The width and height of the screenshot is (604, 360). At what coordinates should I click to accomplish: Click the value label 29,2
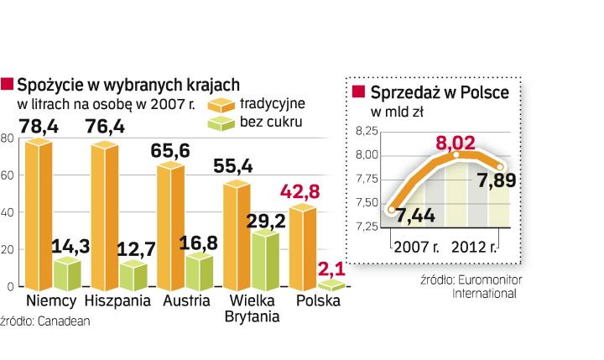coord(263,217)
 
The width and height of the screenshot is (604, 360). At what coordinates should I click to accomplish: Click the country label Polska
coord(314,301)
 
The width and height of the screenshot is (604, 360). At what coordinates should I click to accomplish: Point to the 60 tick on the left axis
coord(8,175)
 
